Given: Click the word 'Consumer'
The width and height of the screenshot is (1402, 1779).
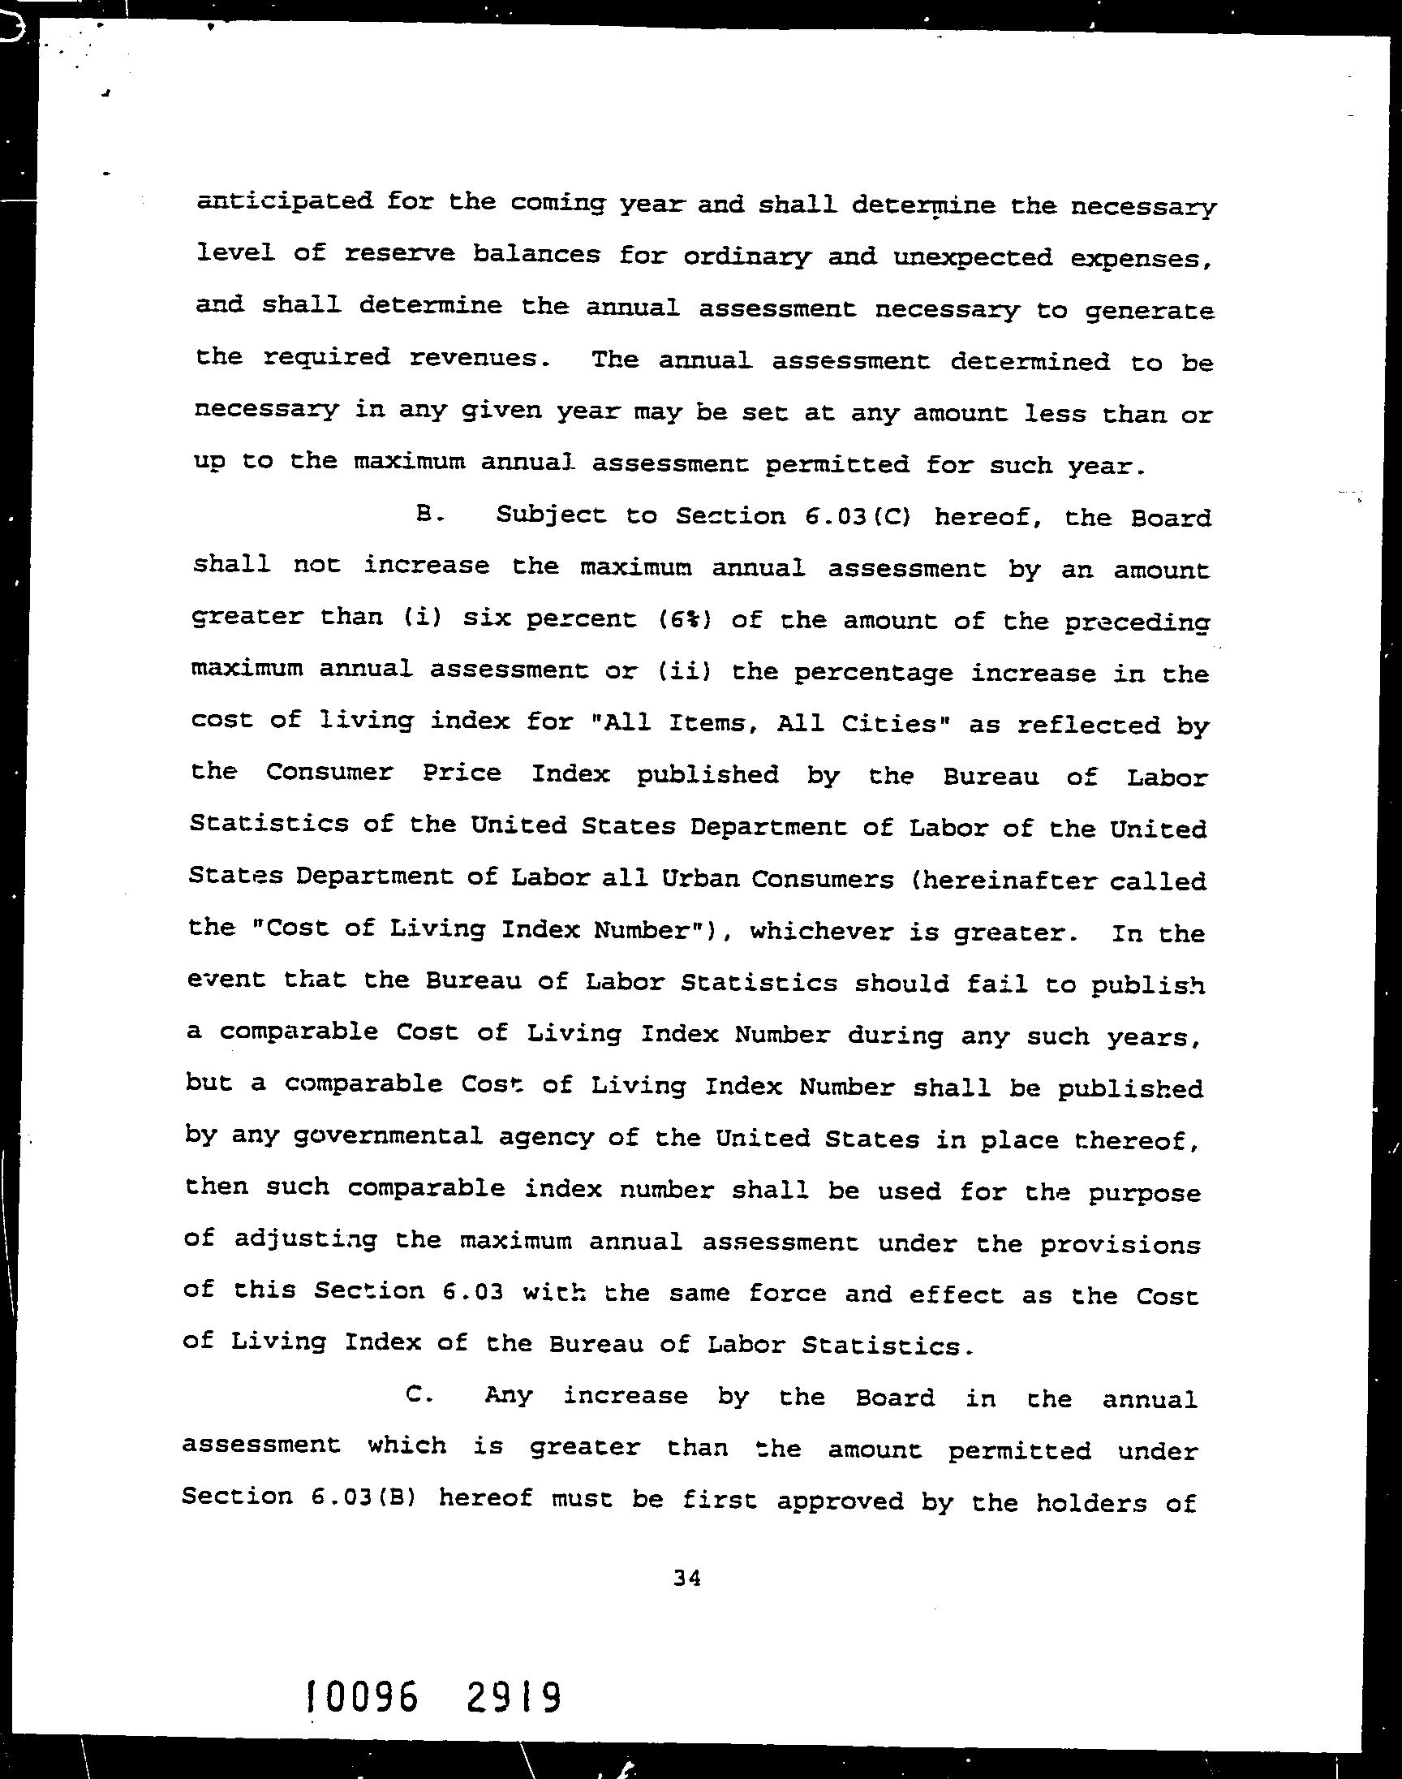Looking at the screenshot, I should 329,773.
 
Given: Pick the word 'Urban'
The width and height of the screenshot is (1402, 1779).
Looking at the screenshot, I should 697,879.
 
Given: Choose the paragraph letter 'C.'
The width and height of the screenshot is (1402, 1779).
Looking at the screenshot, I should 419,1396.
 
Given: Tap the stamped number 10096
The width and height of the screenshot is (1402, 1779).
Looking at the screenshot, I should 361,1695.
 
